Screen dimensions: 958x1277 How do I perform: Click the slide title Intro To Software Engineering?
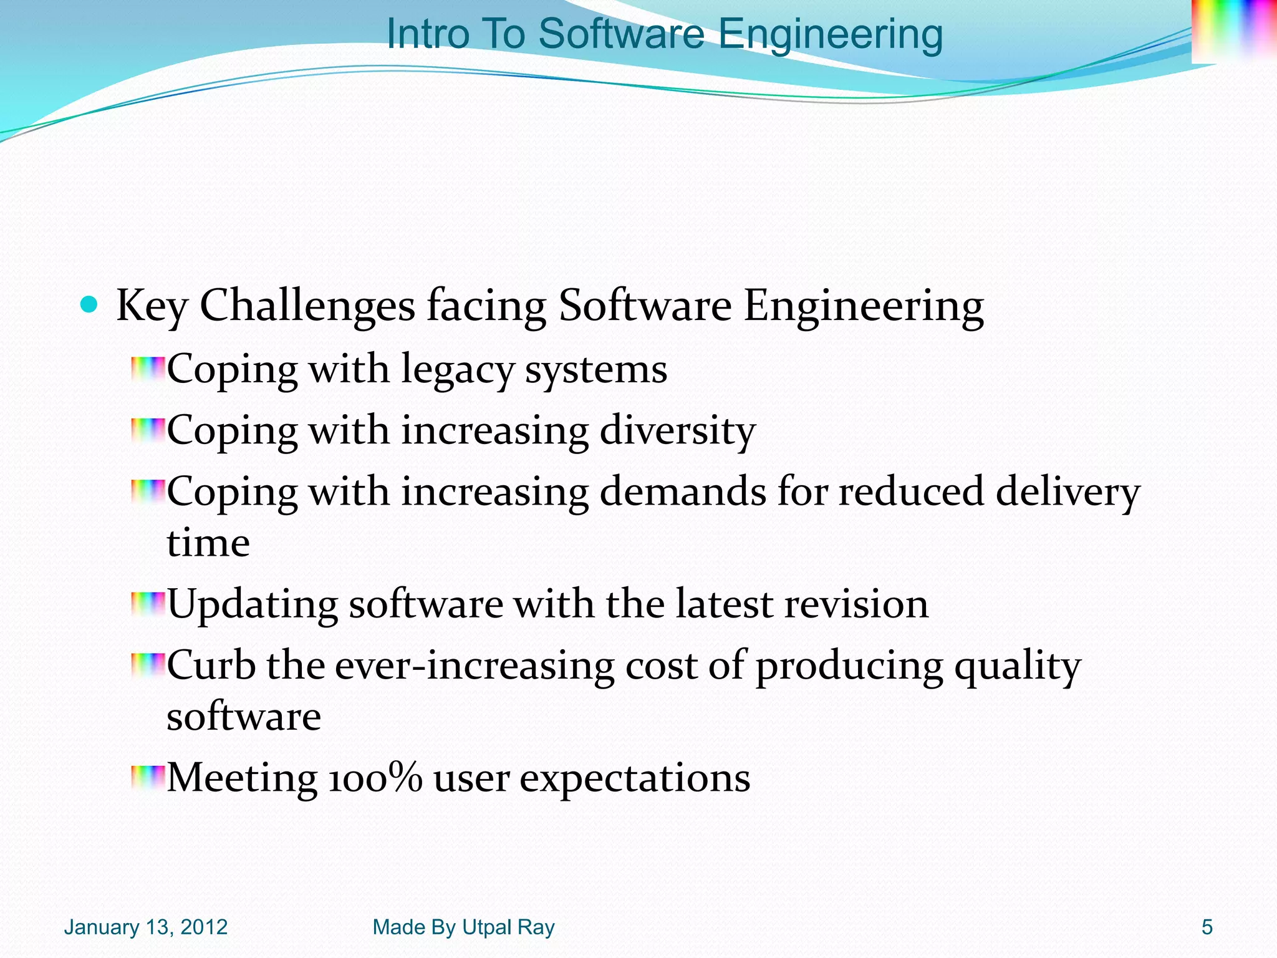coord(664,34)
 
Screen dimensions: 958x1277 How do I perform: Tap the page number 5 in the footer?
coord(1207,927)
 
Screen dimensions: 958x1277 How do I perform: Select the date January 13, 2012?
coord(146,927)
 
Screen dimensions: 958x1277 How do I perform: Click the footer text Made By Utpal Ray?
coord(463,927)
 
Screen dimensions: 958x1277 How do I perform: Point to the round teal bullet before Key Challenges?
coord(90,305)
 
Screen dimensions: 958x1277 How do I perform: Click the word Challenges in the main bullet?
coord(307,306)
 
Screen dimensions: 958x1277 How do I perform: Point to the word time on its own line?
coord(208,543)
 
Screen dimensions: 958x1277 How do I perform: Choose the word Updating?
coord(253,605)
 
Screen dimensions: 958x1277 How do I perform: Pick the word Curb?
coord(211,665)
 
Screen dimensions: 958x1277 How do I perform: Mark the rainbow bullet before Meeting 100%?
coord(148,778)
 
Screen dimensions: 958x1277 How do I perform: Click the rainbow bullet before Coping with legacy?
coord(148,369)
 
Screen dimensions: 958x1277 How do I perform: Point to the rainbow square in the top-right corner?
coord(1233,31)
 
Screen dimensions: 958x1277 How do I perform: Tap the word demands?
coord(683,492)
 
